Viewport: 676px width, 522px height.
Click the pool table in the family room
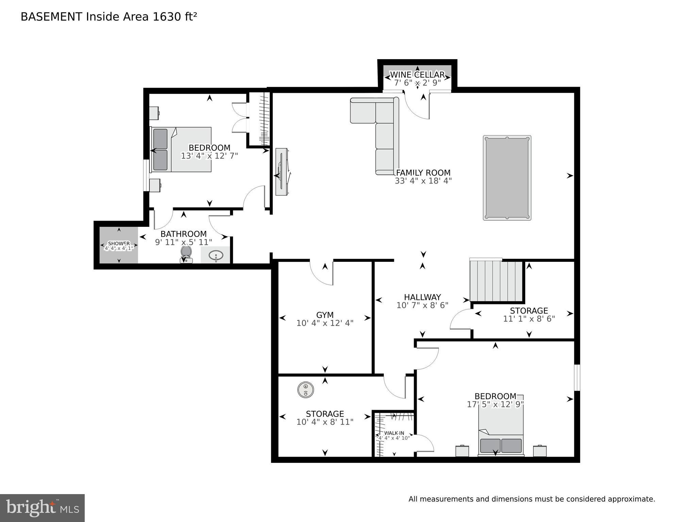coord(507,178)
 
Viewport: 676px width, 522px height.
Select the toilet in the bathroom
coord(186,254)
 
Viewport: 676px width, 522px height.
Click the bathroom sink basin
coord(215,255)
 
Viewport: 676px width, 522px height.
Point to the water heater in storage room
coord(306,390)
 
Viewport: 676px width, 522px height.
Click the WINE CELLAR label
coord(417,74)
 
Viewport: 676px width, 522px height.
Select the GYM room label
coord(325,315)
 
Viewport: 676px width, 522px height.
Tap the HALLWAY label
coord(422,297)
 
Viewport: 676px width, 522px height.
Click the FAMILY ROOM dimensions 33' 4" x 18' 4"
coord(423,181)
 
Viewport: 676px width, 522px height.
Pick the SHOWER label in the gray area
coord(119,243)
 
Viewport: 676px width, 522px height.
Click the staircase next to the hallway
coord(496,281)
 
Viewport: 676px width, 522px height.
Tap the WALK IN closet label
coord(394,433)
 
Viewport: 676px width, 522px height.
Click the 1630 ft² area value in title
coord(175,17)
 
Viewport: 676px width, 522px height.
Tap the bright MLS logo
coord(42,508)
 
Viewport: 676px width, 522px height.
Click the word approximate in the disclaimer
coord(631,499)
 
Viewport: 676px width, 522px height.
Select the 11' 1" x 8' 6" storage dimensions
coord(529,319)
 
